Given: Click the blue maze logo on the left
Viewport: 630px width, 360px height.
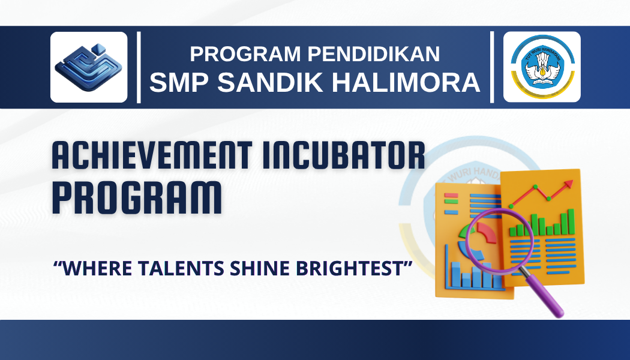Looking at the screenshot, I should (89, 67).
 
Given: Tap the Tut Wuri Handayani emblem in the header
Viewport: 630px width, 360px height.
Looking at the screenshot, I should (542, 67).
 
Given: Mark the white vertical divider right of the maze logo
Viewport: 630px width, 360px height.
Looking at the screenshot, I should (139, 67).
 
